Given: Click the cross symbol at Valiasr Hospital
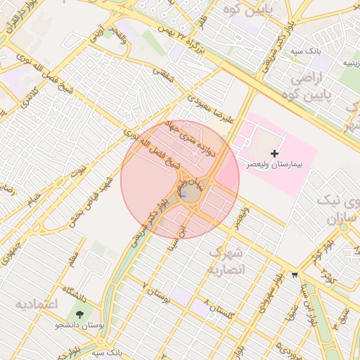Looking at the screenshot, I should point(274,153).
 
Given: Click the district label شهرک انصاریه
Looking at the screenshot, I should point(226,261).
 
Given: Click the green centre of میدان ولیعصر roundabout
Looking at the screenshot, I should point(188,193).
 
